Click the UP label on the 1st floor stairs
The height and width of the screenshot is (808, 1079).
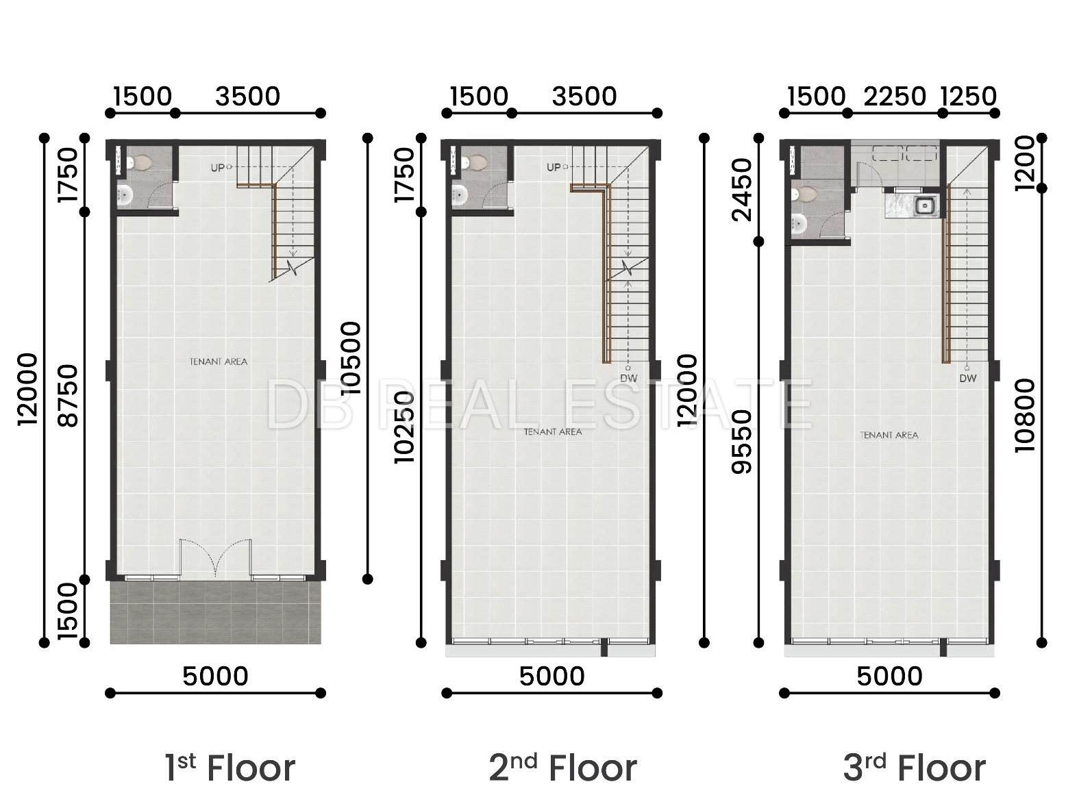point(217,168)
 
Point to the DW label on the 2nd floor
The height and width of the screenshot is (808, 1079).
point(629,378)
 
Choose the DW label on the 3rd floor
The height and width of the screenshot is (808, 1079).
point(968,378)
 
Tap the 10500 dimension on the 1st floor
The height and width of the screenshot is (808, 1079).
point(351,358)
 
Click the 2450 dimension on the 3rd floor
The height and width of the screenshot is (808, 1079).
point(742,190)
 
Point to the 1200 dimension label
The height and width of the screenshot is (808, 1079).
point(1025,163)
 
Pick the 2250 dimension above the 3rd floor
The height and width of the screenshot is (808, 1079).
point(895,97)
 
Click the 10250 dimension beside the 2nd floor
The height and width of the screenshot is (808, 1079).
point(405,427)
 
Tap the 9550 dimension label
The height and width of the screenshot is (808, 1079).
point(742,442)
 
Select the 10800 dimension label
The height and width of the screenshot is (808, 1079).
point(1025,416)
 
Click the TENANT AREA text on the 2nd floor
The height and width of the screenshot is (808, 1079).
point(553,432)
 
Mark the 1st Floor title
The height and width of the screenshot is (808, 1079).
point(230,768)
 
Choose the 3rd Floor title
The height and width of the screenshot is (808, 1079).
point(915,768)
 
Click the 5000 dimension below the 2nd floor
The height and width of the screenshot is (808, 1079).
point(552,677)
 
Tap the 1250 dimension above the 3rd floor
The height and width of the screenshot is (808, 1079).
point(969,97)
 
